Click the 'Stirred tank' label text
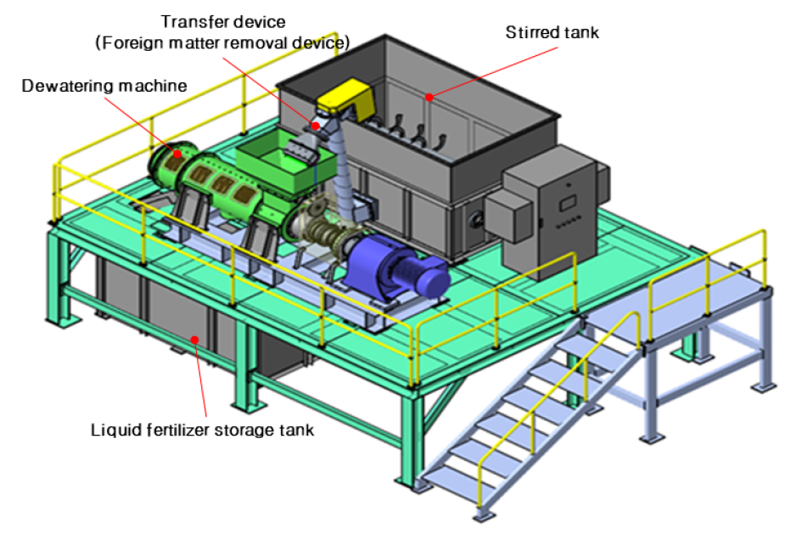552,32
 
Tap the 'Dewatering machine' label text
104,86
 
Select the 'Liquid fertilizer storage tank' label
202,430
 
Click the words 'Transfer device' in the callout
223,21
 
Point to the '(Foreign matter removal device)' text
222,42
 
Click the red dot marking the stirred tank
429,97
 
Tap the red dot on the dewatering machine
177,153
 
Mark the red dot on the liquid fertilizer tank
194,340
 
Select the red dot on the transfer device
316,126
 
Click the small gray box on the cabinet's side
508,215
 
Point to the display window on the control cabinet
568,203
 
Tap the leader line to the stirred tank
494,72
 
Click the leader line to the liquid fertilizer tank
200,379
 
